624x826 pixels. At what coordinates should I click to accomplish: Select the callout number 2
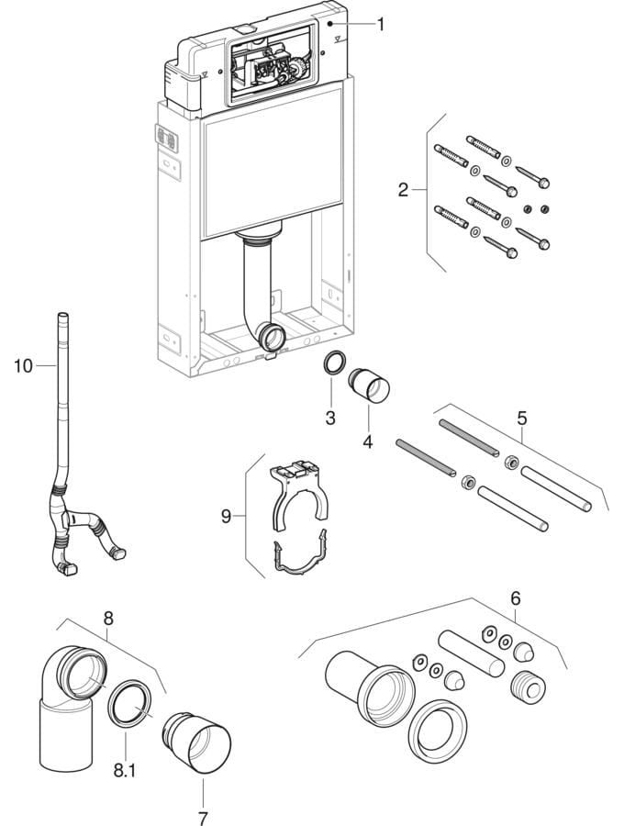point(403,190)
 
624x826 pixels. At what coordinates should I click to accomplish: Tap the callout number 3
point(331,418)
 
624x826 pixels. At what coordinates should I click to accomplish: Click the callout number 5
point(521,418)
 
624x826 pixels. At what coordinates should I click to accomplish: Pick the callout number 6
point(516,597)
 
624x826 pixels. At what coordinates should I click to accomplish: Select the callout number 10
point(23,366)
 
